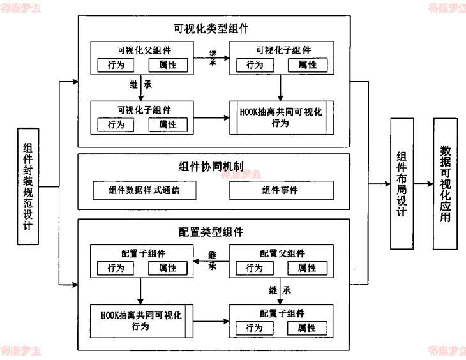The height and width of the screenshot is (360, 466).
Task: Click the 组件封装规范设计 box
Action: tap(28, 186)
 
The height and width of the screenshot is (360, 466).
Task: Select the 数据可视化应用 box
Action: tap(445, 183)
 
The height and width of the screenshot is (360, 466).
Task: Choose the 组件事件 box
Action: tap(280, 190)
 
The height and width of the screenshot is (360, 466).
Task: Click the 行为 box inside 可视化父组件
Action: tap(116, 65)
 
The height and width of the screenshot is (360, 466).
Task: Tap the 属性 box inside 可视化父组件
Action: tap(168, 65)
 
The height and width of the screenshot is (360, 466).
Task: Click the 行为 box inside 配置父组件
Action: tap(255, 268)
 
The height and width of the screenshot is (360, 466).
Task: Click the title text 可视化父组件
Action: tap(144, 50)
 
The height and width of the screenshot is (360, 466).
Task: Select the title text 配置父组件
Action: tap(282, 253)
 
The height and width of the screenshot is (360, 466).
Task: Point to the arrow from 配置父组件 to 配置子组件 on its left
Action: tap(211, 261)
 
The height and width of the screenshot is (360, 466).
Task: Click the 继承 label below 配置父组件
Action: tap(280, 290)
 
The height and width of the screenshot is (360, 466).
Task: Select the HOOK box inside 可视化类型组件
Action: tap(282, 117)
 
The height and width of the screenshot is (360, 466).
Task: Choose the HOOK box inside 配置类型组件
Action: tap(142, 321)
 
